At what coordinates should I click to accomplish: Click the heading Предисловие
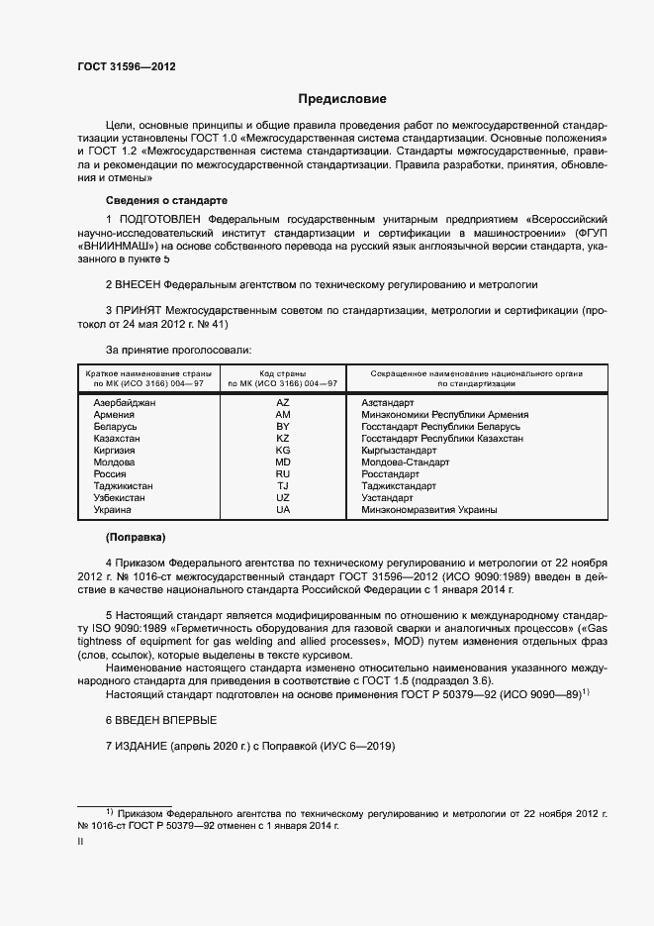(343, 99)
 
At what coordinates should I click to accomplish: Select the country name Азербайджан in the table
(124, 403)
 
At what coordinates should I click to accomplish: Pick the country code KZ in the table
(283, 439)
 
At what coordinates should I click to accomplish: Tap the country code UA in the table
(283, 510)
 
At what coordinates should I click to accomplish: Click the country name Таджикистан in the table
(124, 486)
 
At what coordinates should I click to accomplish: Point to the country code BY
(283, 427)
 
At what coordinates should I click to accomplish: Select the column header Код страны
(283, 373)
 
